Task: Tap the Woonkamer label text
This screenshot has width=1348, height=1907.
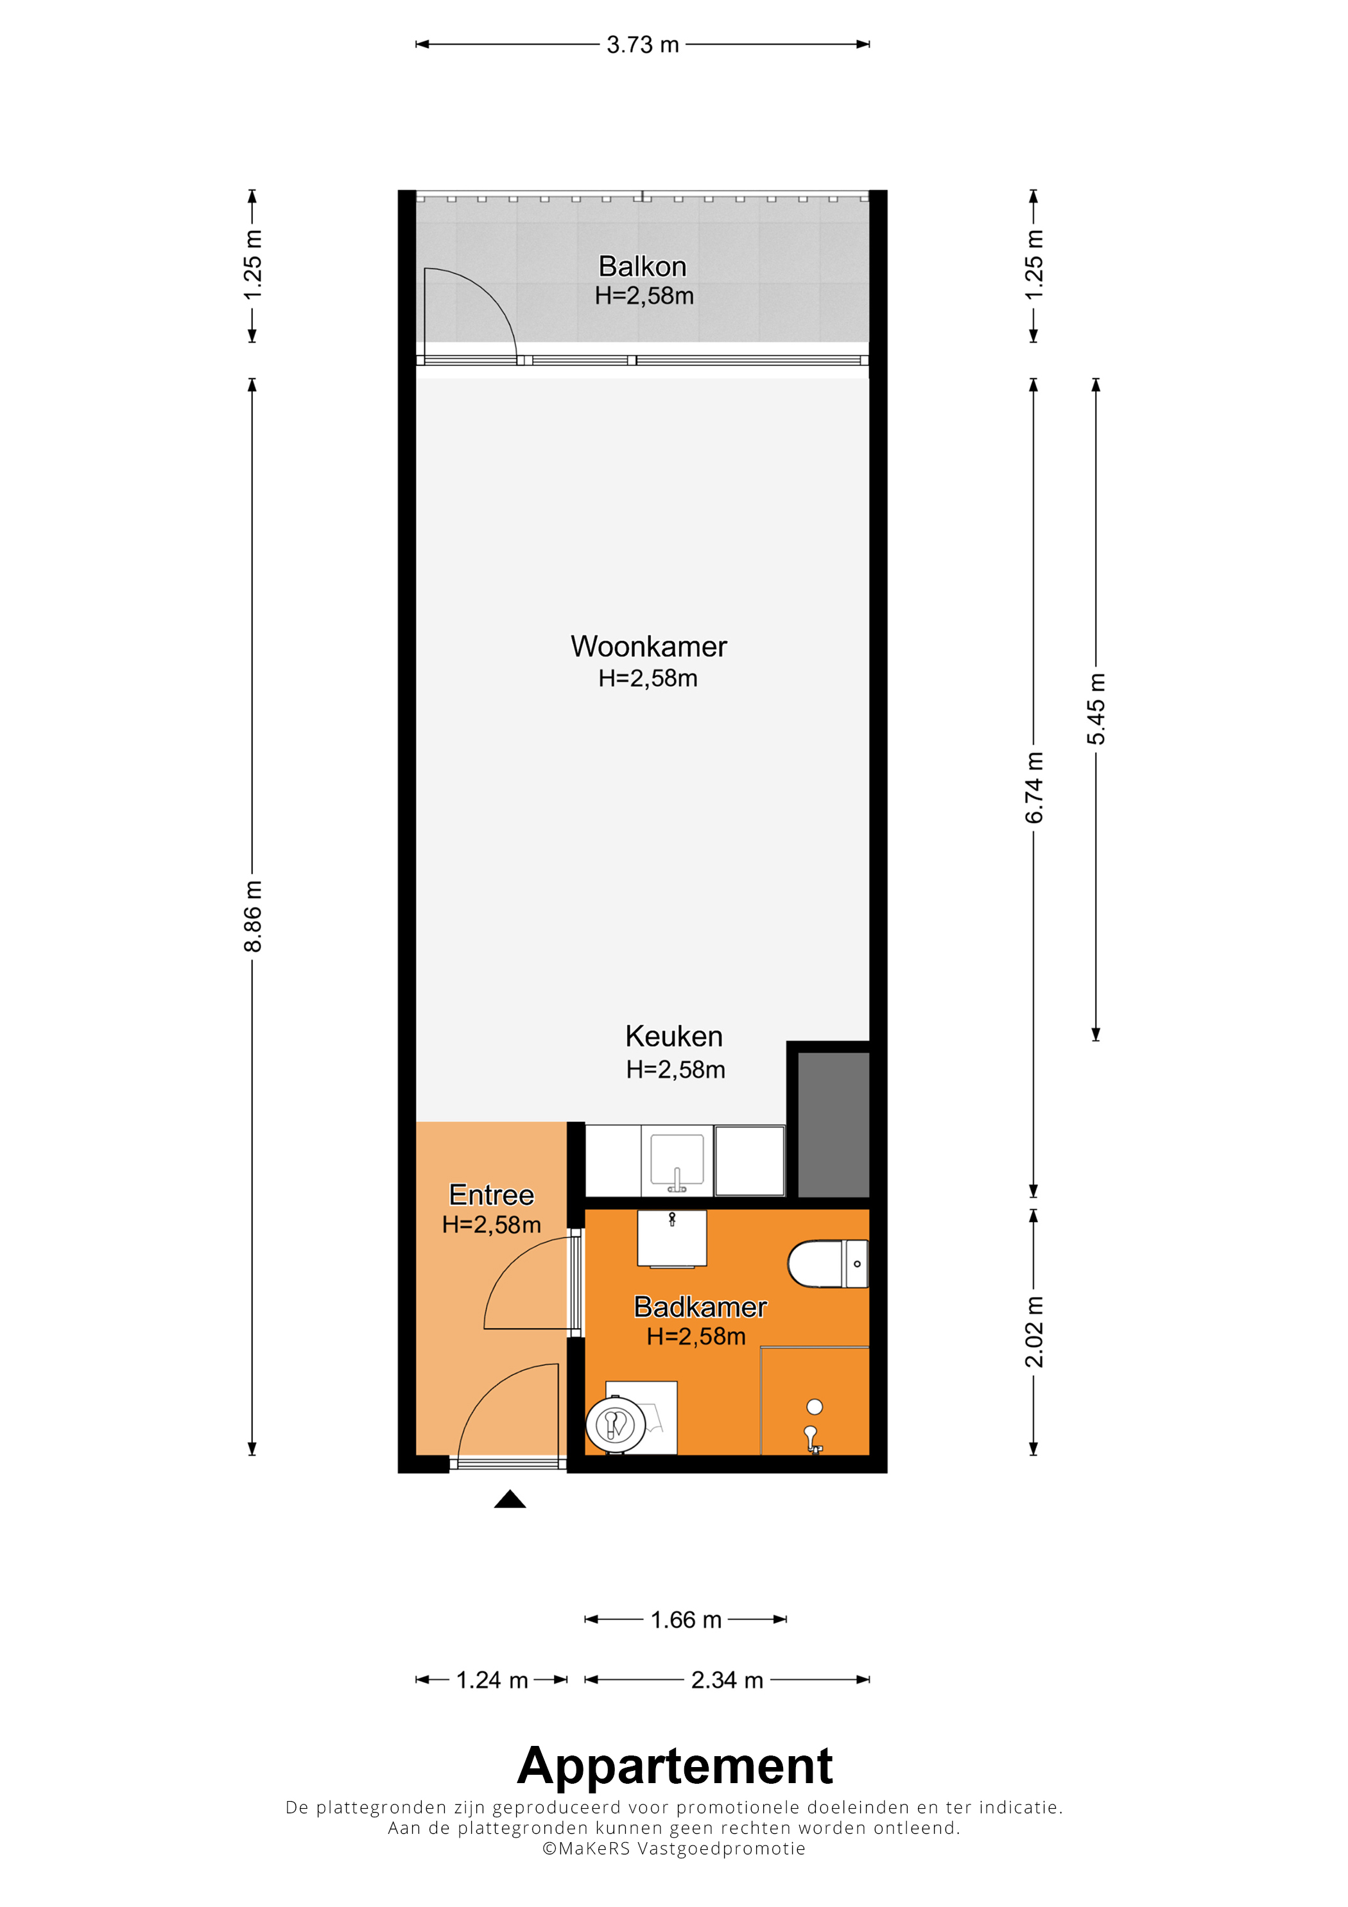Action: (x=649, y=646)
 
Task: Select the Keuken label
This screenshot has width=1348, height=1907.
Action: (x=673, y=1036)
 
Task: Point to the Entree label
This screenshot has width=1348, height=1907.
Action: (x=491, y=1195)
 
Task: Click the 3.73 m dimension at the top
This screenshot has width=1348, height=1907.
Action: (x=642, y=45)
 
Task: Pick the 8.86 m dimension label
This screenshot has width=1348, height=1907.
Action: (x=252, y=916)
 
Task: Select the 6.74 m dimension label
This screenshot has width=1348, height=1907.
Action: (x=1034, y=788)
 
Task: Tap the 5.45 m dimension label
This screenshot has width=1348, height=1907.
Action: (x=1096, y=709)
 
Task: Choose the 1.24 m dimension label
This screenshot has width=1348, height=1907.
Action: (x=492, y=1680)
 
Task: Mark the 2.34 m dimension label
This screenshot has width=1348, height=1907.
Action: (x=727, y=1680)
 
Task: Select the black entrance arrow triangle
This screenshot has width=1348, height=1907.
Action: (x=510, y=1499)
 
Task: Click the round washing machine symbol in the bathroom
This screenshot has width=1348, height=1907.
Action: (x=616, y=1424)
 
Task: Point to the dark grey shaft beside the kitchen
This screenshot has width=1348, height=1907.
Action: (x=833, y=1125)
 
